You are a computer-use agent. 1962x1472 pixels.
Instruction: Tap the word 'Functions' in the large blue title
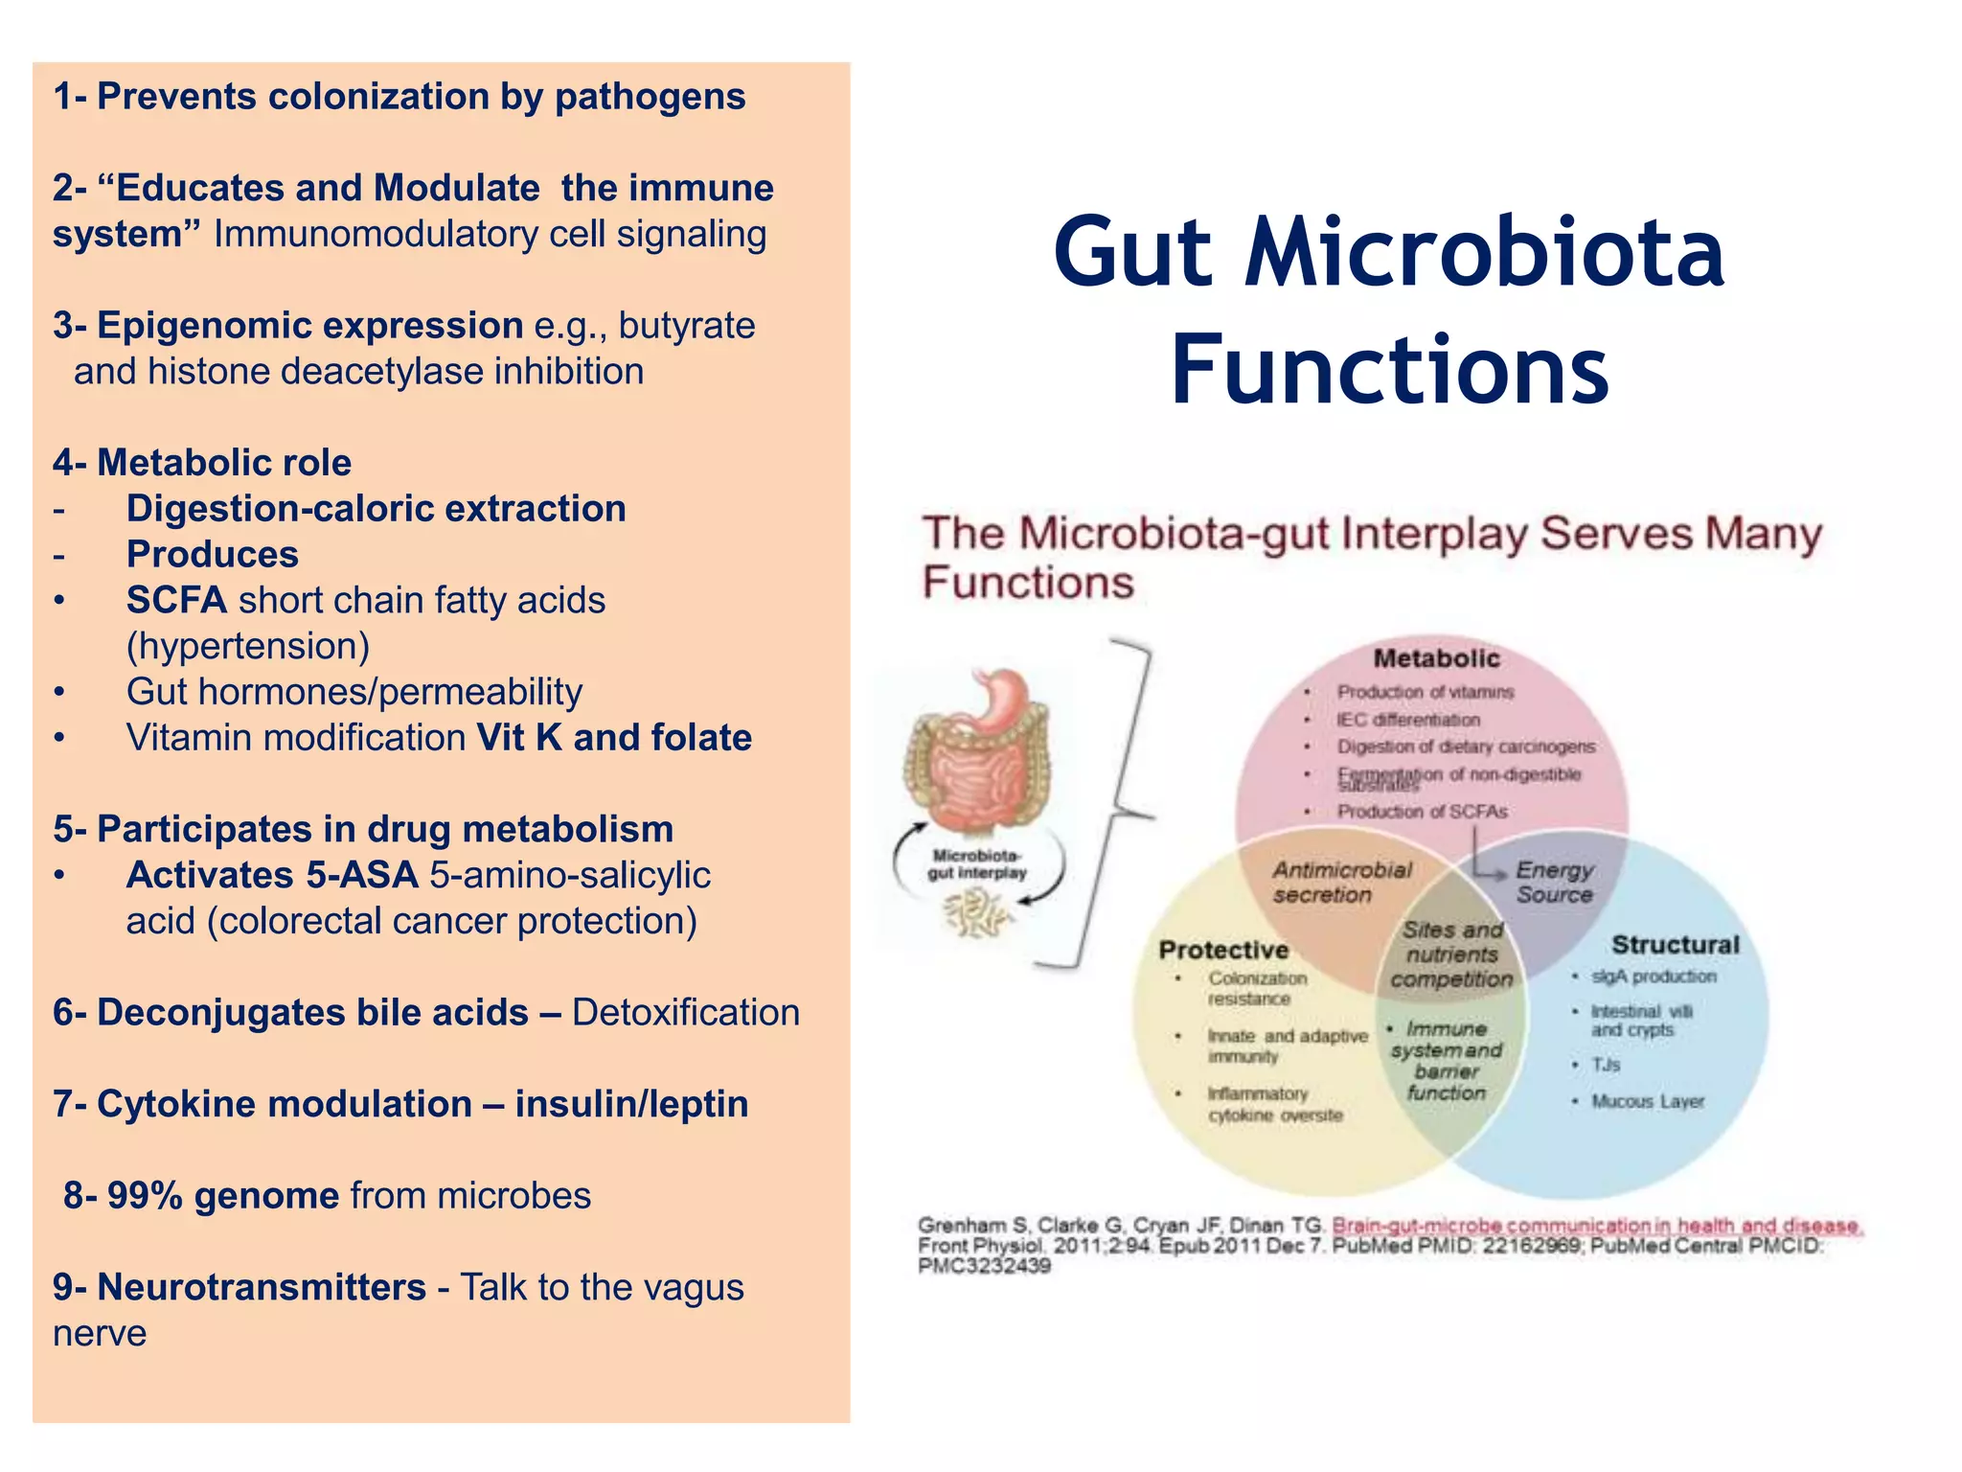(1389, 370)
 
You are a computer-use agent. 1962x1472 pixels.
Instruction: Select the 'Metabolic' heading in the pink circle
(1435, 658)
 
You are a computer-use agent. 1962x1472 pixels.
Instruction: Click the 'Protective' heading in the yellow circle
(1223, 950)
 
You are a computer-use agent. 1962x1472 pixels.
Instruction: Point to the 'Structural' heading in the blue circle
(1675, 945)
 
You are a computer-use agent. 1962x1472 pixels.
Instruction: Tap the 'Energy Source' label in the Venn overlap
(1553, 882)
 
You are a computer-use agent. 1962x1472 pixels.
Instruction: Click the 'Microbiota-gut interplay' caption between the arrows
(976, 863)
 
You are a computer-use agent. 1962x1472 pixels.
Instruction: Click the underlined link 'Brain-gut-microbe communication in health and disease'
(1596, 1226)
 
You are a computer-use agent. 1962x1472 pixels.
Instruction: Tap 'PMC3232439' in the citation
(984, 1266)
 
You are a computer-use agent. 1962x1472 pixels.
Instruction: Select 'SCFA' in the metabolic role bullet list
(176, 601)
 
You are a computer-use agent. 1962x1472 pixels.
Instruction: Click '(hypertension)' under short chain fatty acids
(248, 646)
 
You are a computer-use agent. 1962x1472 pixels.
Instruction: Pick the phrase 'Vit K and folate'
(614, 738)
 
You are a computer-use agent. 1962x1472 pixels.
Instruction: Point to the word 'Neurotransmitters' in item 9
(262, 1287)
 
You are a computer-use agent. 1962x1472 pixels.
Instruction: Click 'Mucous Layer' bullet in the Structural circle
(1647, 1101)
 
